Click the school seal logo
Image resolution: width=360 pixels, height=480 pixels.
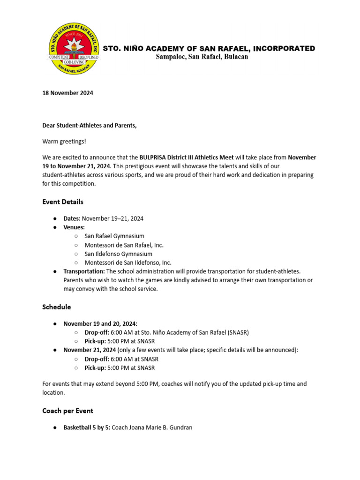click(74, 49)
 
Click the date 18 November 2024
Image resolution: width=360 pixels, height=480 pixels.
click(67, 93)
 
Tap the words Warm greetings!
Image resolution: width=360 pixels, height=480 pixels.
click(64, 141)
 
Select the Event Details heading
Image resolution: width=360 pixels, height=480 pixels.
click(63, 202)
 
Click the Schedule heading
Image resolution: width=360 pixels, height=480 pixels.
click(57, 307)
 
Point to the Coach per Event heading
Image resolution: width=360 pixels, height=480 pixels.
click(67, 411)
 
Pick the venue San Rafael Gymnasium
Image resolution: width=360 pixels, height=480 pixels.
click(114, 236)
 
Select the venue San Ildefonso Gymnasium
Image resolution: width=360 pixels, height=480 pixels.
click(118, 254)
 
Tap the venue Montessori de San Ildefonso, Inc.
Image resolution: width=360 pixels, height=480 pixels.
click(128, 263)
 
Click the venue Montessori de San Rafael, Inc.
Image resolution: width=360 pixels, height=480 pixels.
click(124, 245)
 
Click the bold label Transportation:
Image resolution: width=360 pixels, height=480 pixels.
click(84, 271)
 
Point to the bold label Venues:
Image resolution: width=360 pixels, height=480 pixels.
click(74, 227)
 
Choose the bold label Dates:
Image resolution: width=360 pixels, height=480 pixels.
click(72, 218)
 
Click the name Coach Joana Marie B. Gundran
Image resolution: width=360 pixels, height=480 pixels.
click(152, 427)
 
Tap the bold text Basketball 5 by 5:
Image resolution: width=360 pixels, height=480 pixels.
click(87, 427)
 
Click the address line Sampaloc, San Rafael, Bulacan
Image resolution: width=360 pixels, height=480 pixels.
click(202, 57)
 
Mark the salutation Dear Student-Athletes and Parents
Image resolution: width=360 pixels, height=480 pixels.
click(89, 125)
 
